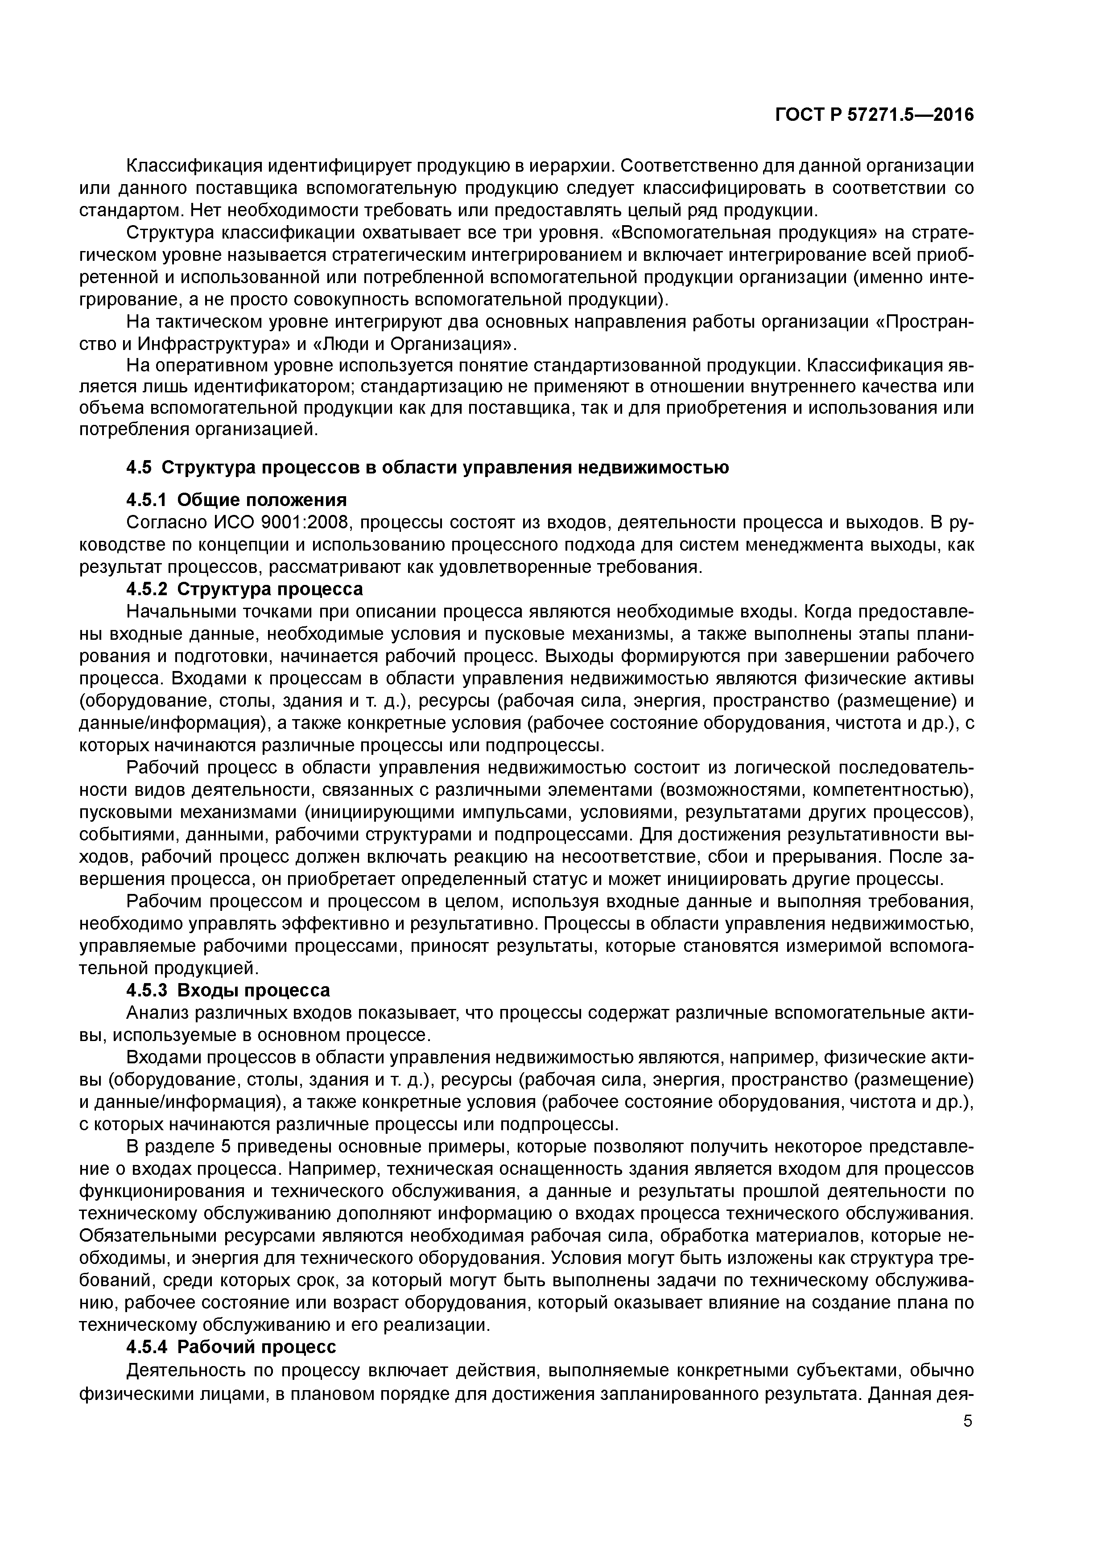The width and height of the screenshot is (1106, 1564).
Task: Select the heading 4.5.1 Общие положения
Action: (x=236, y=500)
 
